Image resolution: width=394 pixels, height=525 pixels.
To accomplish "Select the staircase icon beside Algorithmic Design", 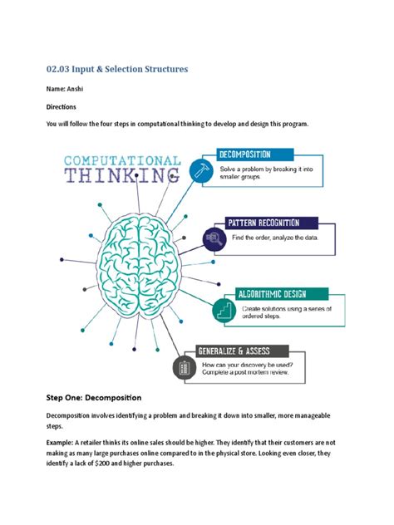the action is tap(224, 310).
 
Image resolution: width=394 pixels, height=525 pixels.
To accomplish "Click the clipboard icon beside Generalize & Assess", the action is tap(184, 366).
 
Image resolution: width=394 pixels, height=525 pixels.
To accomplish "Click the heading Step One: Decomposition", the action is tap(93, 397).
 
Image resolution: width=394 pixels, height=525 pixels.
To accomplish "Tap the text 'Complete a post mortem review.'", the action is tap(251, 375).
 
